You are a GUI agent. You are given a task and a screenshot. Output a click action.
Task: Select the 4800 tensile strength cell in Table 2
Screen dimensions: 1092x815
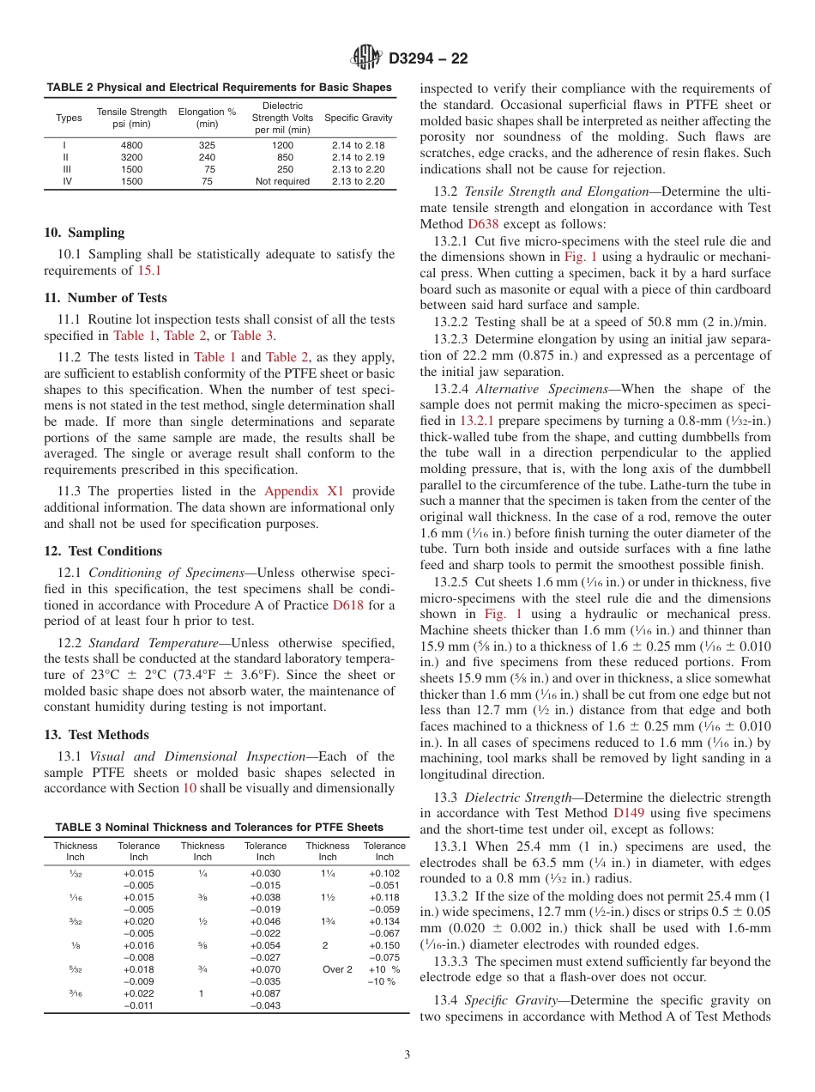click(132, 146)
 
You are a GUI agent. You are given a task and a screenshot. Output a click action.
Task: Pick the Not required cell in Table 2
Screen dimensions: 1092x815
click(282, 182)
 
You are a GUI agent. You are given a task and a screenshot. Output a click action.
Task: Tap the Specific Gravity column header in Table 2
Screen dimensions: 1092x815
click(359, 118)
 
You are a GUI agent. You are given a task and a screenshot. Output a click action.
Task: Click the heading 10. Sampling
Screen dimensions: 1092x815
click(84, 233)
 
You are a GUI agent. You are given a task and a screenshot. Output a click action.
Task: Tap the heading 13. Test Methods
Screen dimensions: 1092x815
click(96, 735)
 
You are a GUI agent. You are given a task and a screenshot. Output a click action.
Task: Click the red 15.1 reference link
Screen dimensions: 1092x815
click(148, 270)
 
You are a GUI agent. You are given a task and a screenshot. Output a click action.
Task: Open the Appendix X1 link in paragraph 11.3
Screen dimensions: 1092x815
click(303, 491)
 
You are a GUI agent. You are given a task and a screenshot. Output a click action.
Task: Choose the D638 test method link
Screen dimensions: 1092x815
click(482, 222)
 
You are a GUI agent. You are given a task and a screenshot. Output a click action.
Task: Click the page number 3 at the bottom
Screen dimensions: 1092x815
click(407, 1055)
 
